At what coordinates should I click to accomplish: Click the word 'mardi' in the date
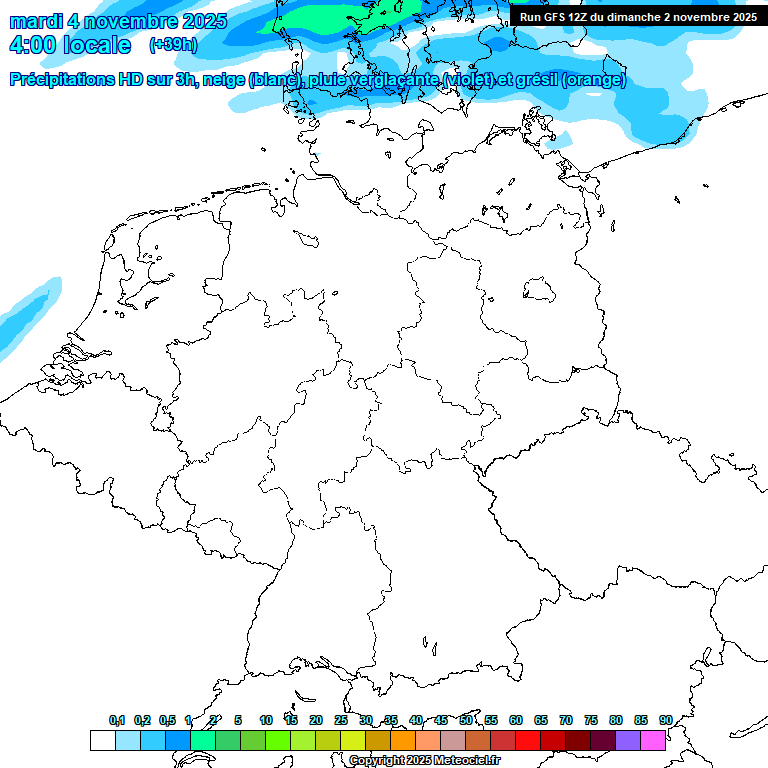(35, 21)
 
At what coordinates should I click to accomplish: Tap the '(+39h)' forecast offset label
(173, 45)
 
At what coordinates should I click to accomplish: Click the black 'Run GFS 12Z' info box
(638, 16)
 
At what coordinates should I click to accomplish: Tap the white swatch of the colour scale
(102, 740)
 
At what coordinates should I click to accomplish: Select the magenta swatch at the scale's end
(653, 740)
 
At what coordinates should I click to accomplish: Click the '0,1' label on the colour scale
(117, 720)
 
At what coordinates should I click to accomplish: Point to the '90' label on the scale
(665, 720)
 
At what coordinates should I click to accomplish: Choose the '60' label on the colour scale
(516, 720)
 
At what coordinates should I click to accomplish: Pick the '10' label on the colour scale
(266, 720)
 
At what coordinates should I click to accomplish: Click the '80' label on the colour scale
(616, 720)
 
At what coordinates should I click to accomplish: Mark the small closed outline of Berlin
(540, 290)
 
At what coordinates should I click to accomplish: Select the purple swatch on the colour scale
(628, 740)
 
